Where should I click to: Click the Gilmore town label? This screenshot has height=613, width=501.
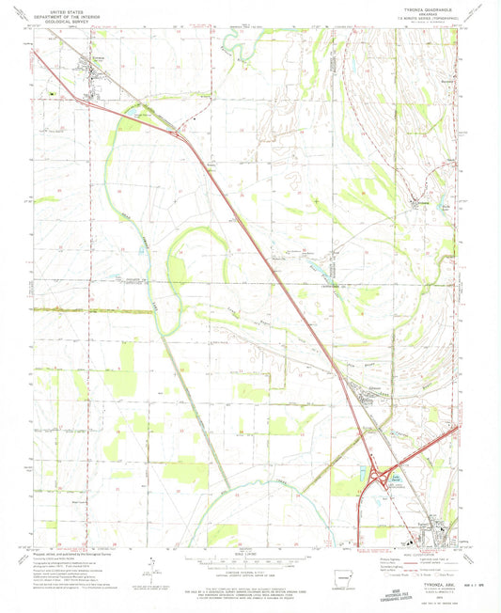(x=362, y=385)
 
